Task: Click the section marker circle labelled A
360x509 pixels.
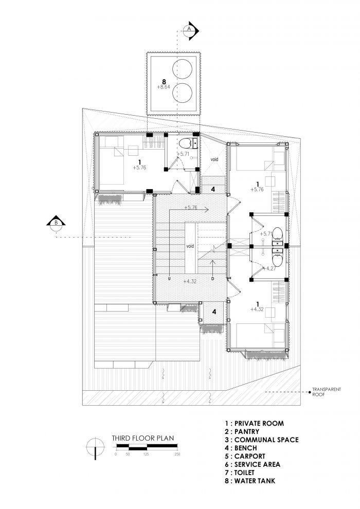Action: [189, 29]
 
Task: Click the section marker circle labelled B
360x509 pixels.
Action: [56, 223]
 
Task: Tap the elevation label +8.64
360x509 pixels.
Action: [164, 87]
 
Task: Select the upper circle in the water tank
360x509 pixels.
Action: [182, 69]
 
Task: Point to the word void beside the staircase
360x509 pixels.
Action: [190, 246]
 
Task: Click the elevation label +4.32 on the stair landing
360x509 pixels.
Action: [190, 281]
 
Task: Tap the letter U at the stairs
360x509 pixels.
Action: [169, 279]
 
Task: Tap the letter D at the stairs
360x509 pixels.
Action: [213, 279]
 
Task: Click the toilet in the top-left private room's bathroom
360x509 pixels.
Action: [185, 143]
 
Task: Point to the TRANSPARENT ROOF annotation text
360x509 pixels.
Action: [326, 392]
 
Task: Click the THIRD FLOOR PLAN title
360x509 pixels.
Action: [143, 438]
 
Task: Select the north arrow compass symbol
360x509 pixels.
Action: [95, 448]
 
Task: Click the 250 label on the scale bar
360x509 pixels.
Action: [177, 454]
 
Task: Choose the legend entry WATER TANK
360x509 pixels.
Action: [250, 481]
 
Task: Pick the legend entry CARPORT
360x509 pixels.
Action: [245, 456]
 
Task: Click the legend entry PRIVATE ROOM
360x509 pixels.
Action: [254, 423]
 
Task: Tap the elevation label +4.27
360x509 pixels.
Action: [269, 268]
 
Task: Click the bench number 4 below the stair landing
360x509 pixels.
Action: [214, 312]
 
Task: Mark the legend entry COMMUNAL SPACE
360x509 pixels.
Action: [262, 440]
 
